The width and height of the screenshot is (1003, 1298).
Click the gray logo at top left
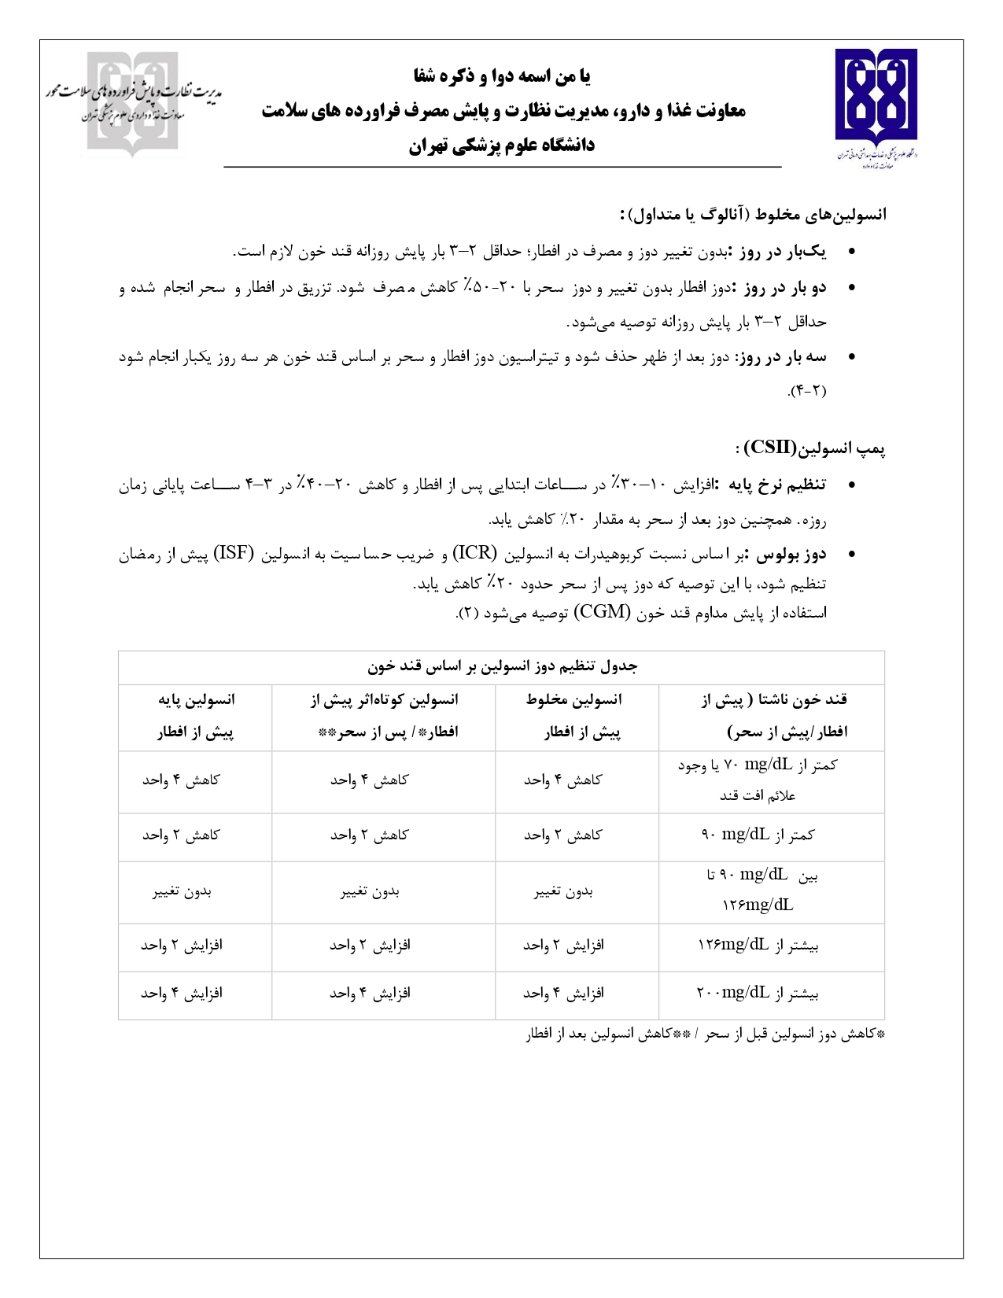pyautogui.click(x=132, y=103)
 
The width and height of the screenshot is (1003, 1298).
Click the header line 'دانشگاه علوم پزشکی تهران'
pyautogui.click(x=501, y=146)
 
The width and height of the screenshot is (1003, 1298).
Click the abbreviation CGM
pyautogui.click(x=602, y=612)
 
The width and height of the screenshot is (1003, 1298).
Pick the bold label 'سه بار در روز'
pyautogui.click(x=780, y=357)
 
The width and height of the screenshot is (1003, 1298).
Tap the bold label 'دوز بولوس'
pyautogui.click(x=791, y=554)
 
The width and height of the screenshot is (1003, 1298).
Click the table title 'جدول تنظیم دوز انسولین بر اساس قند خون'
pyautogui.click(x=502, y=667)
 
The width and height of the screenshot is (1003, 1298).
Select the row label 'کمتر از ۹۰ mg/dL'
pyautogui.click(x=758, y=835)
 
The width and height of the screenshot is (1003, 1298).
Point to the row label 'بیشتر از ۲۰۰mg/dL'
pyautogui.click(x=758, y=994)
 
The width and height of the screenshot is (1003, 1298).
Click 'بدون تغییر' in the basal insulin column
pyautogui.click(x=182, y=891)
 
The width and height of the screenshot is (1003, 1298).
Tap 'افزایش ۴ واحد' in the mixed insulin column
pyautogui.click(x=563, y=994)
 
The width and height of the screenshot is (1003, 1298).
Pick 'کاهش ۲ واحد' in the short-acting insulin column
pyautogui.click(x=369, y=835)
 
